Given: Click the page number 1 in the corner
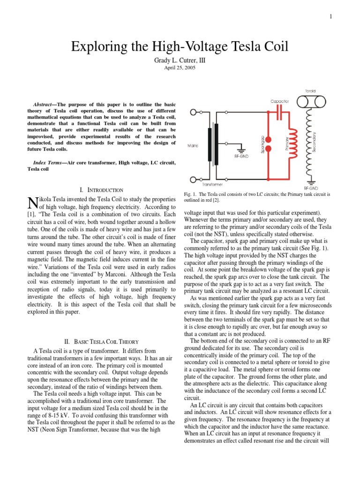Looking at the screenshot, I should point(330,17).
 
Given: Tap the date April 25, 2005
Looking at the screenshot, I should point(180,67).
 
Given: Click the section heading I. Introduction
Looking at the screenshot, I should point(102,190).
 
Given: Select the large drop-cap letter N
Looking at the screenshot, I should point(32,203).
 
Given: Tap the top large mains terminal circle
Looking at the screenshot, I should point(194,112).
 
